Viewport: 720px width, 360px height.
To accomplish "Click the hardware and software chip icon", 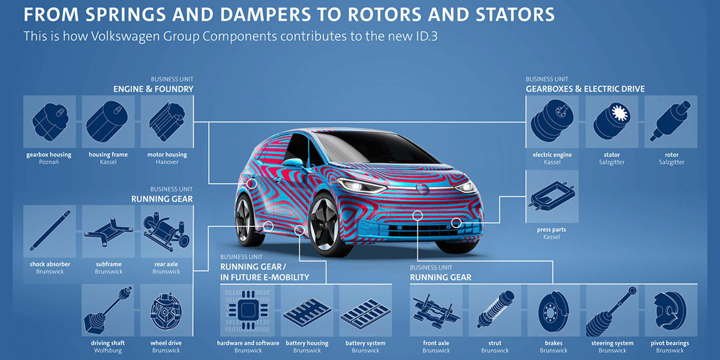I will click(248, 311).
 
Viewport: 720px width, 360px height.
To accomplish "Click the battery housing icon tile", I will click(307, 311).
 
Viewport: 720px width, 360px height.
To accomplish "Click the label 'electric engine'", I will click(552, 155).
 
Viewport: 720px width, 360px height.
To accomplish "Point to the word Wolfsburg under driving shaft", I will click(108, 350).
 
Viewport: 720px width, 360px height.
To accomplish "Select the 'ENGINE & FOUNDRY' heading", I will click(154, 89).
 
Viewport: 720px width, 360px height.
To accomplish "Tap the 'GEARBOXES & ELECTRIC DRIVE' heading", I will click(585, 89).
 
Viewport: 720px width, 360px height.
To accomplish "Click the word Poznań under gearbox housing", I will click(49, 162).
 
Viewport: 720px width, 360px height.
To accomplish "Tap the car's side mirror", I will click(292, 163).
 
